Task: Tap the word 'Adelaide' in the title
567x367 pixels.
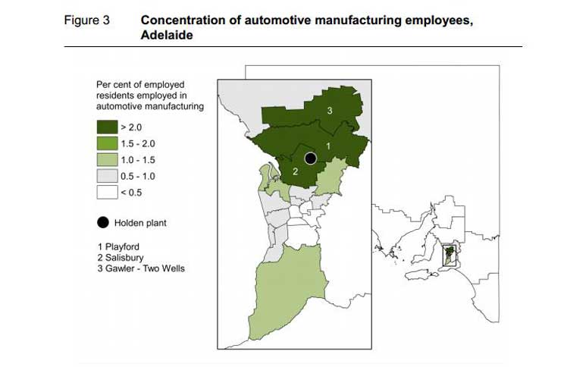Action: click(166, 34)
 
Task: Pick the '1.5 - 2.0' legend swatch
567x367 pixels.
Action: click(107, 143)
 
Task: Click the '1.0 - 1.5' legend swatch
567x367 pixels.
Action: click(107, 159)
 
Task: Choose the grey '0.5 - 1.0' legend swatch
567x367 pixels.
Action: click(107, 175)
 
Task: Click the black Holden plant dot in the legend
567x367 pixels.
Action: click(102, 223)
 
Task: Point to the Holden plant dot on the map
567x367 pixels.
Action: click(309, 158)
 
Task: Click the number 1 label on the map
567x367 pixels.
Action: click(327, 143)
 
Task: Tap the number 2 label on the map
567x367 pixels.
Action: click(295, 171)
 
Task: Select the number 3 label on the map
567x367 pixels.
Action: click(330, 111)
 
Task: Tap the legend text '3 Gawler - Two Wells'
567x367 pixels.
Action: click(141, 269)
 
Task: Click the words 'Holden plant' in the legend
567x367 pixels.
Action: click(140, 223)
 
